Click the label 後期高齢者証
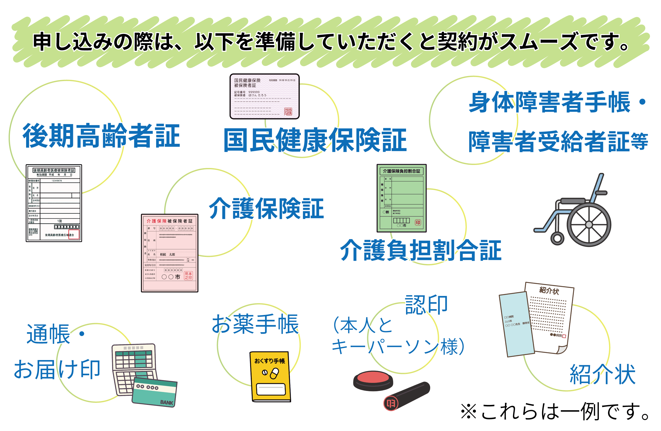click(101, 136)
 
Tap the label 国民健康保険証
click(315, 140)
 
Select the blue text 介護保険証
click(266, 209)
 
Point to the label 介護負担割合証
click(421, 250)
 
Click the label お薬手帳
click(255, 324)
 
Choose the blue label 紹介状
click(602, 374)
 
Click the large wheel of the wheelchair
click(589, 224)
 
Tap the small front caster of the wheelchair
click(557, 238)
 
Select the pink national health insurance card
click(264, 96)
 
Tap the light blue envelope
click(516, 324)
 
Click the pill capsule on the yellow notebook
click(274, 373)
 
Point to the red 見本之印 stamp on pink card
click(188, 275)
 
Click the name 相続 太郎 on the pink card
click(168, 254)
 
